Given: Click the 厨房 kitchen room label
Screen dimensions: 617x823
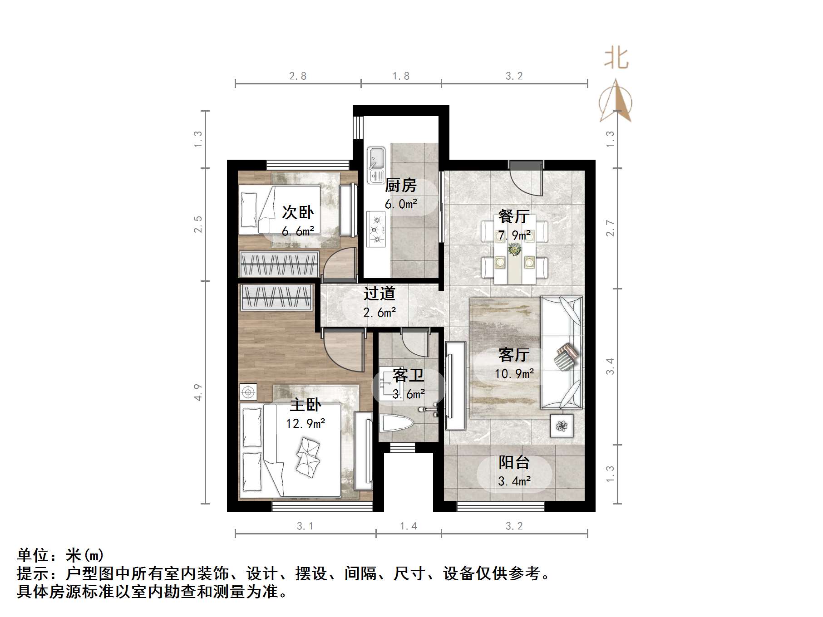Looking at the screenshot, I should click(x=400, y=186).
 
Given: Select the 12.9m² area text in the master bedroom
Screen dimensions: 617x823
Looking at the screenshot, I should click(x=305, y=424).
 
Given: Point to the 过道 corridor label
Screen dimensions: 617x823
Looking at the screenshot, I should click(x=379, y=294).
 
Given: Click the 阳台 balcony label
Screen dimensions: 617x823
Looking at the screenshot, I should click(x=514, y=462).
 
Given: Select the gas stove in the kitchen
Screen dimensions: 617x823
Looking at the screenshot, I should click(x=376, y=229).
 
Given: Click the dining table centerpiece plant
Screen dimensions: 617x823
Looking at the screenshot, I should click(x=514, y=249).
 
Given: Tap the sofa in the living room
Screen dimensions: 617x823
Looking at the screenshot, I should click(x=562, y=353).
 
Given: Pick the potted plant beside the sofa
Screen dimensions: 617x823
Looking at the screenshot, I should click(x=562, y=426).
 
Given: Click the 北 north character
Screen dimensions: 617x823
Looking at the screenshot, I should click(x=616, y=59).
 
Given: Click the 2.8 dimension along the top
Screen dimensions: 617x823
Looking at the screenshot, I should click(x=298, y=76).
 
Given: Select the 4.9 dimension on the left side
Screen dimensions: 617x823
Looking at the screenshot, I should click(x=197, y=392).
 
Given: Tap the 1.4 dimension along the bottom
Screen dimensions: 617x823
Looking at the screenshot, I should click(x=408, y=526).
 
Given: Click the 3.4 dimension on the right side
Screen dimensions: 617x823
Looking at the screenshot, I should click(x=610, y=366).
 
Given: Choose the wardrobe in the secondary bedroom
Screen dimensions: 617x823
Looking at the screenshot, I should click(x=278, y=264).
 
